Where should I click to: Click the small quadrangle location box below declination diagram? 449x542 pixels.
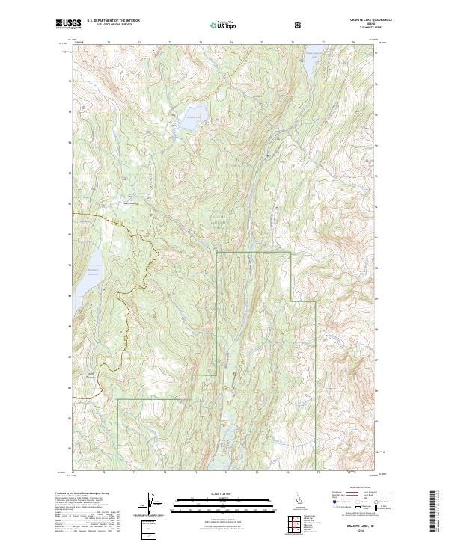click(x=152, y=530)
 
